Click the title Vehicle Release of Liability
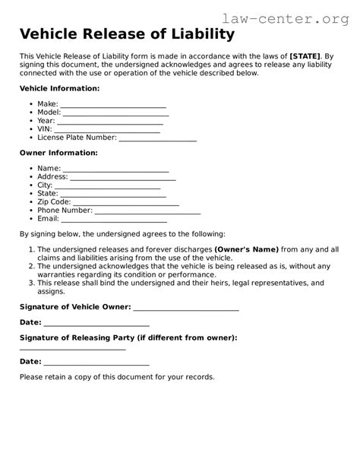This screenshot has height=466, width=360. click(127, 34)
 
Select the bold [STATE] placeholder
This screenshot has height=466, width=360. click(305, 57)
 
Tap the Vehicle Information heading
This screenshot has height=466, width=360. click(59, 89)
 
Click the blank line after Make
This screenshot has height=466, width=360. click(112, 106)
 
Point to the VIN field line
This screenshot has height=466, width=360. click(108, 131)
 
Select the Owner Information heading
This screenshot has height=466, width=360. click(58, 153)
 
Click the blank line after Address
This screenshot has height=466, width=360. click(123, 178)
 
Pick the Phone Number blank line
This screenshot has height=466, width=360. click(147, 212)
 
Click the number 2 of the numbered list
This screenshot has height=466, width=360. click(31, 266)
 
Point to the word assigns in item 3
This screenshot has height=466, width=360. click(51, 292)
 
